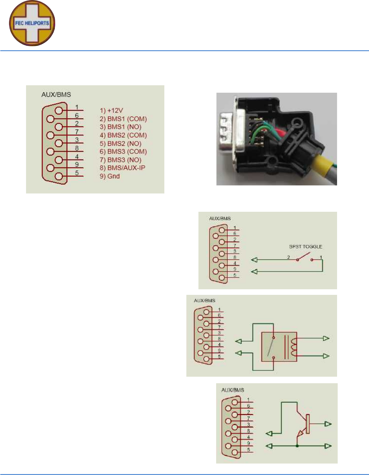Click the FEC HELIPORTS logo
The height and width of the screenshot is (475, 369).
(x=32, y=23)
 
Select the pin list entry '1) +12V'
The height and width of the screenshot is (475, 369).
(x=111, y=110)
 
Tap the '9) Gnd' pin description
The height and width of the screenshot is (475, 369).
(x=110, y=176)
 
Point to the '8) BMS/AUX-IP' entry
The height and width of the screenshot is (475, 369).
(x=122, y=168)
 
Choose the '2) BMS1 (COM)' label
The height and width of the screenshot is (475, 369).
(x=123, y=119)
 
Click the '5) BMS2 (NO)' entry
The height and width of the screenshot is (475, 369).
(x=121, y=144)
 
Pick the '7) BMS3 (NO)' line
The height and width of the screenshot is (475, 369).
(x=121, y=160)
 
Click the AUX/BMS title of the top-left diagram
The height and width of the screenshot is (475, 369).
(x=56, y=95)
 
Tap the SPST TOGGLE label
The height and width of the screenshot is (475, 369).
(x=305, y=246)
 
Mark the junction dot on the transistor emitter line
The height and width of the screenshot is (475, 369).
(x=297, y=446)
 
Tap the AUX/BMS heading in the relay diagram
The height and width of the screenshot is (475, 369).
(x=204, y=300)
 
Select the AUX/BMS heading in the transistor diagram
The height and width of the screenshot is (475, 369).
(x=233, y=390)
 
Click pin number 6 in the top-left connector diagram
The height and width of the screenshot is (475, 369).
(x=77, y=115)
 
